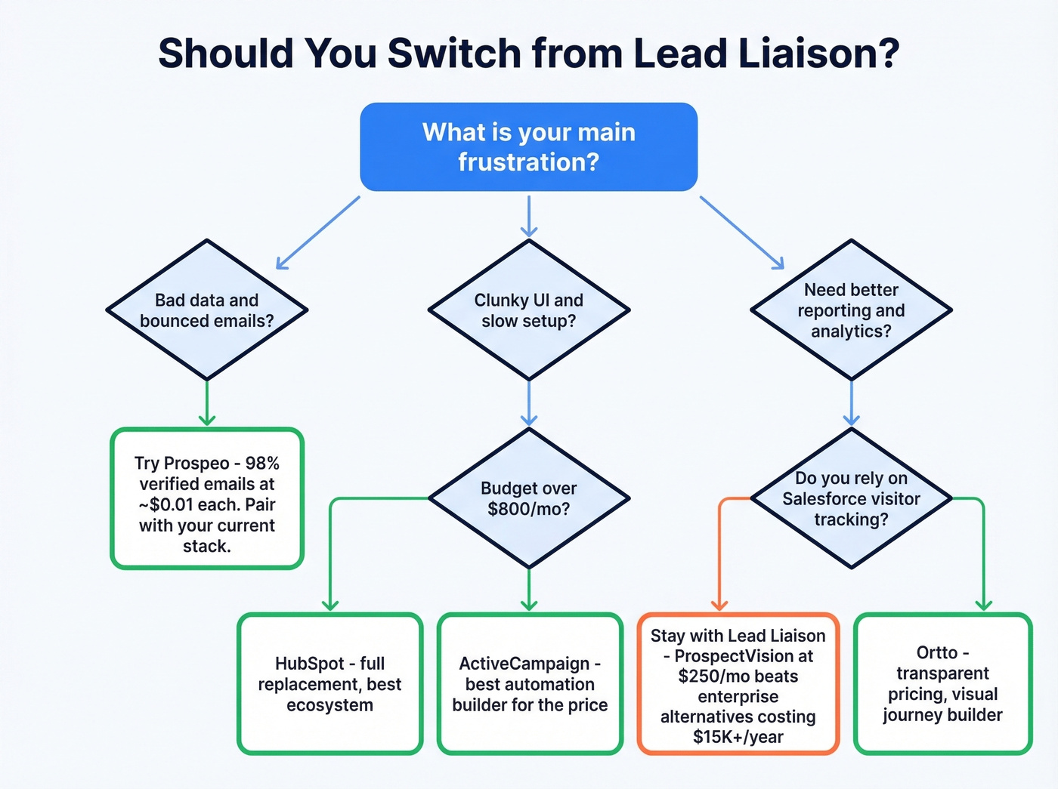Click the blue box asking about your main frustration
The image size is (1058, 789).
click(528, 146)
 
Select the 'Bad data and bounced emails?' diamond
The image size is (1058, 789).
click(206, 310)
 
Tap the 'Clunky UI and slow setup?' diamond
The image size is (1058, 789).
click(528, 310)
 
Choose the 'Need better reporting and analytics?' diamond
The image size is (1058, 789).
click(851, 310)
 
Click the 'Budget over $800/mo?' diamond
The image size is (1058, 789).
click(528, 498)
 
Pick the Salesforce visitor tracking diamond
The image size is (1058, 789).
click(851, 498)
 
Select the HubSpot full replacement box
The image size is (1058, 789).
click(329, 683)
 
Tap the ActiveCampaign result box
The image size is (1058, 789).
click(530, 683)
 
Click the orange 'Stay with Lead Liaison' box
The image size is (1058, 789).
click(738, 683)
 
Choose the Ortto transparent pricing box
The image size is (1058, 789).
click(942, 683)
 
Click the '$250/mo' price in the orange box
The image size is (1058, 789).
click(706, 676)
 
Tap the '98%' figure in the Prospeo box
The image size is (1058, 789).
click(262, 463)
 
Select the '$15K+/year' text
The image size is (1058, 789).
click(738, 737)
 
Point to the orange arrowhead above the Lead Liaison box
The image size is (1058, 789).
click(719, 605)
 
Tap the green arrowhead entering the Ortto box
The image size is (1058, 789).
click(983, 605)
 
